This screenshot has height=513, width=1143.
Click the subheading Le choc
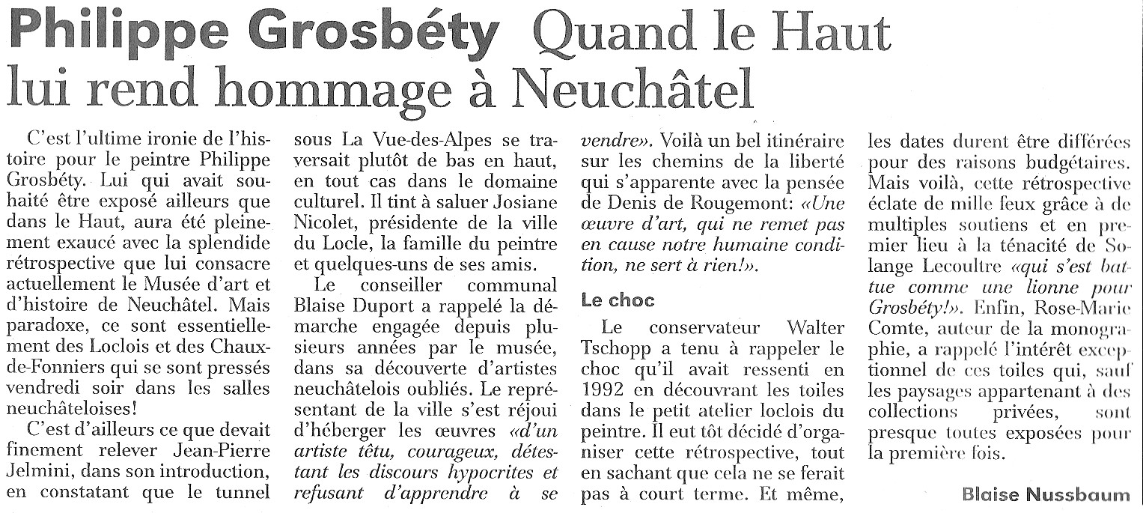(x=618, y=301)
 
